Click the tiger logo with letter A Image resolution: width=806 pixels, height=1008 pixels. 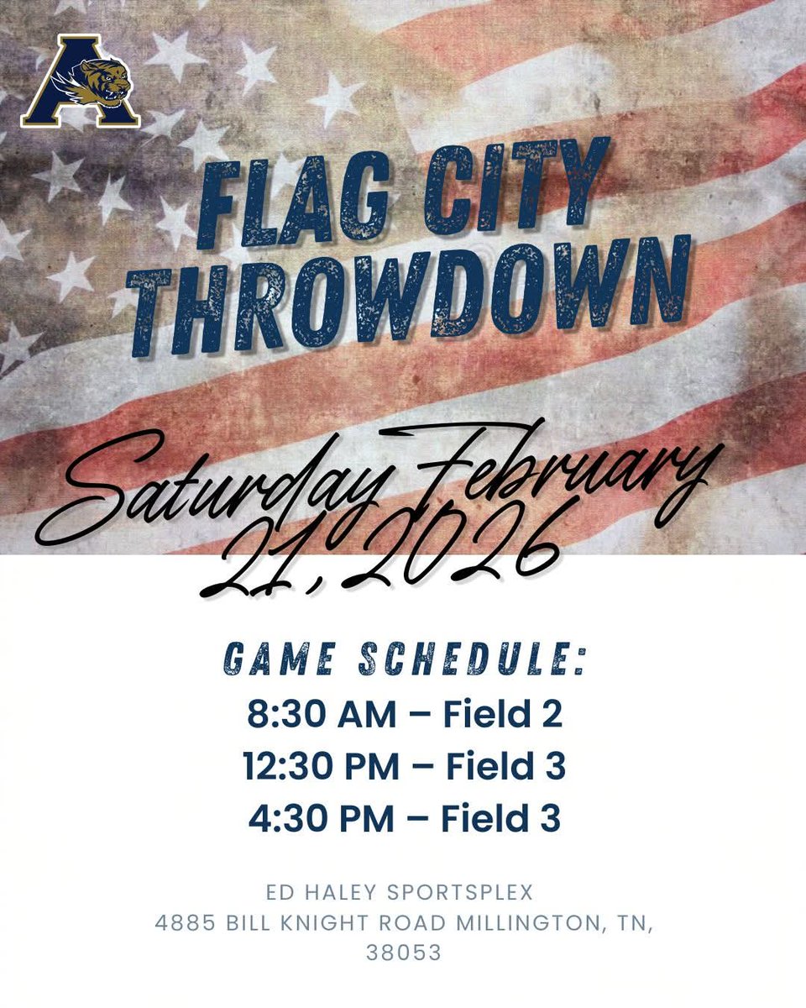81,81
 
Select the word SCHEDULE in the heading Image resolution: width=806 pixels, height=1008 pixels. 471,660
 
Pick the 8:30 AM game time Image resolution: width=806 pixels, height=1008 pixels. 321,715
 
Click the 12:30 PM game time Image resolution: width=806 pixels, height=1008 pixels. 321,767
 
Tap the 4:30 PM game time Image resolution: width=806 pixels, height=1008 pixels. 321,819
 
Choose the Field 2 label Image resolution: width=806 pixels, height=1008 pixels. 502,715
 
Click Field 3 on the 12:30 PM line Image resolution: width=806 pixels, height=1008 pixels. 505,767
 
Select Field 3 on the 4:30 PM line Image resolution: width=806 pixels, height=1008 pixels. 502,819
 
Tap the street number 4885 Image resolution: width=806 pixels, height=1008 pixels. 186,922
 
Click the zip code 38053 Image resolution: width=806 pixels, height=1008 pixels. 403,953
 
